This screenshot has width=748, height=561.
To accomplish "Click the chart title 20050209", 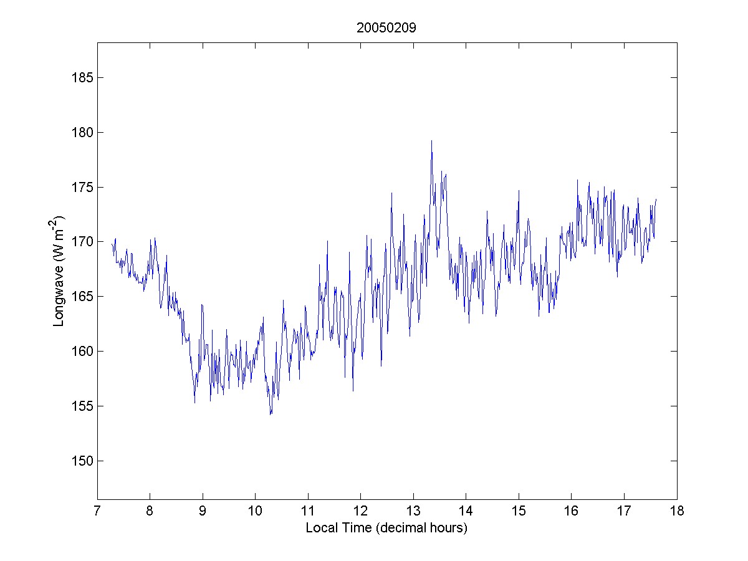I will point(386,28).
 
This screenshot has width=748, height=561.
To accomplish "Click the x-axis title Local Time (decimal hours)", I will point(386,528).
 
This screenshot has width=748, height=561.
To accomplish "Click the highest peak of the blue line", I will point(431,141).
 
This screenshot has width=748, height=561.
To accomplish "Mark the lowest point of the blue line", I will point(271,415).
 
